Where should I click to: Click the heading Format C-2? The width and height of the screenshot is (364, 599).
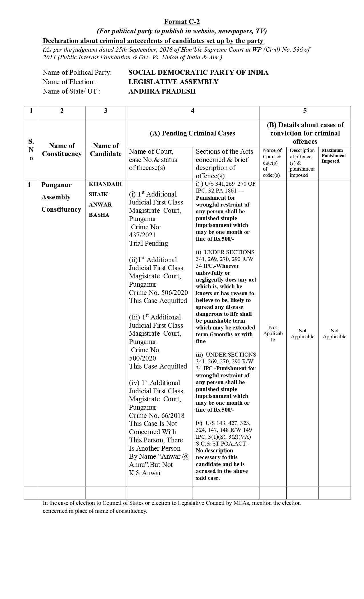[x=182, y=22]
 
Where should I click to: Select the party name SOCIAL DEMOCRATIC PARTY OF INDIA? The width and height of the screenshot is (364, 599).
[x=198, y=72]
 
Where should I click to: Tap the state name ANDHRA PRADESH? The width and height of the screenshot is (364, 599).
[x=162, y=91]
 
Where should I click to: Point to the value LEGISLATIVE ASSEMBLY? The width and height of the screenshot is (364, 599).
[x=173, y=82]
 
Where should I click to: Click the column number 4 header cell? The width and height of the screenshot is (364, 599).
[x=192, y=111]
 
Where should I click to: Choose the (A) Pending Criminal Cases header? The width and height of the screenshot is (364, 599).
[x=192, y=133]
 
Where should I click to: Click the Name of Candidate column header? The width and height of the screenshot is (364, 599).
[x=106, y=149]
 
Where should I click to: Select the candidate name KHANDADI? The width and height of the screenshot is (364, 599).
[x=105, y=184]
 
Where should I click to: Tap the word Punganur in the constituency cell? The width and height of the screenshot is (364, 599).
[x=56, y=185]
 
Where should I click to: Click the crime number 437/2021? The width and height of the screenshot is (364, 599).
[x=142, y=235]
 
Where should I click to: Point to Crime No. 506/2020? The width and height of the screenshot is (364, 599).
[x=158, y=293]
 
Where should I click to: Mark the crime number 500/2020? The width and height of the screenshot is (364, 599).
[x=142, y=358]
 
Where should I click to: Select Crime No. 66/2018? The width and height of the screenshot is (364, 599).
[x=156, y=416]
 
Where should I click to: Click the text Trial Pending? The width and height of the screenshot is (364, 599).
[x=148, y=243]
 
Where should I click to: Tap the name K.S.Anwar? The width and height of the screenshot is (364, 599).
[x=145, y=473]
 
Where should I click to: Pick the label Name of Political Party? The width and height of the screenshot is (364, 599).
[x=77, y=72]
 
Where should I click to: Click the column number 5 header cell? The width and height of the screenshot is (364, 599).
[x=305, y=111]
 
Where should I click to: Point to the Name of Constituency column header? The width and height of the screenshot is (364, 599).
[x=62, y=149]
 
